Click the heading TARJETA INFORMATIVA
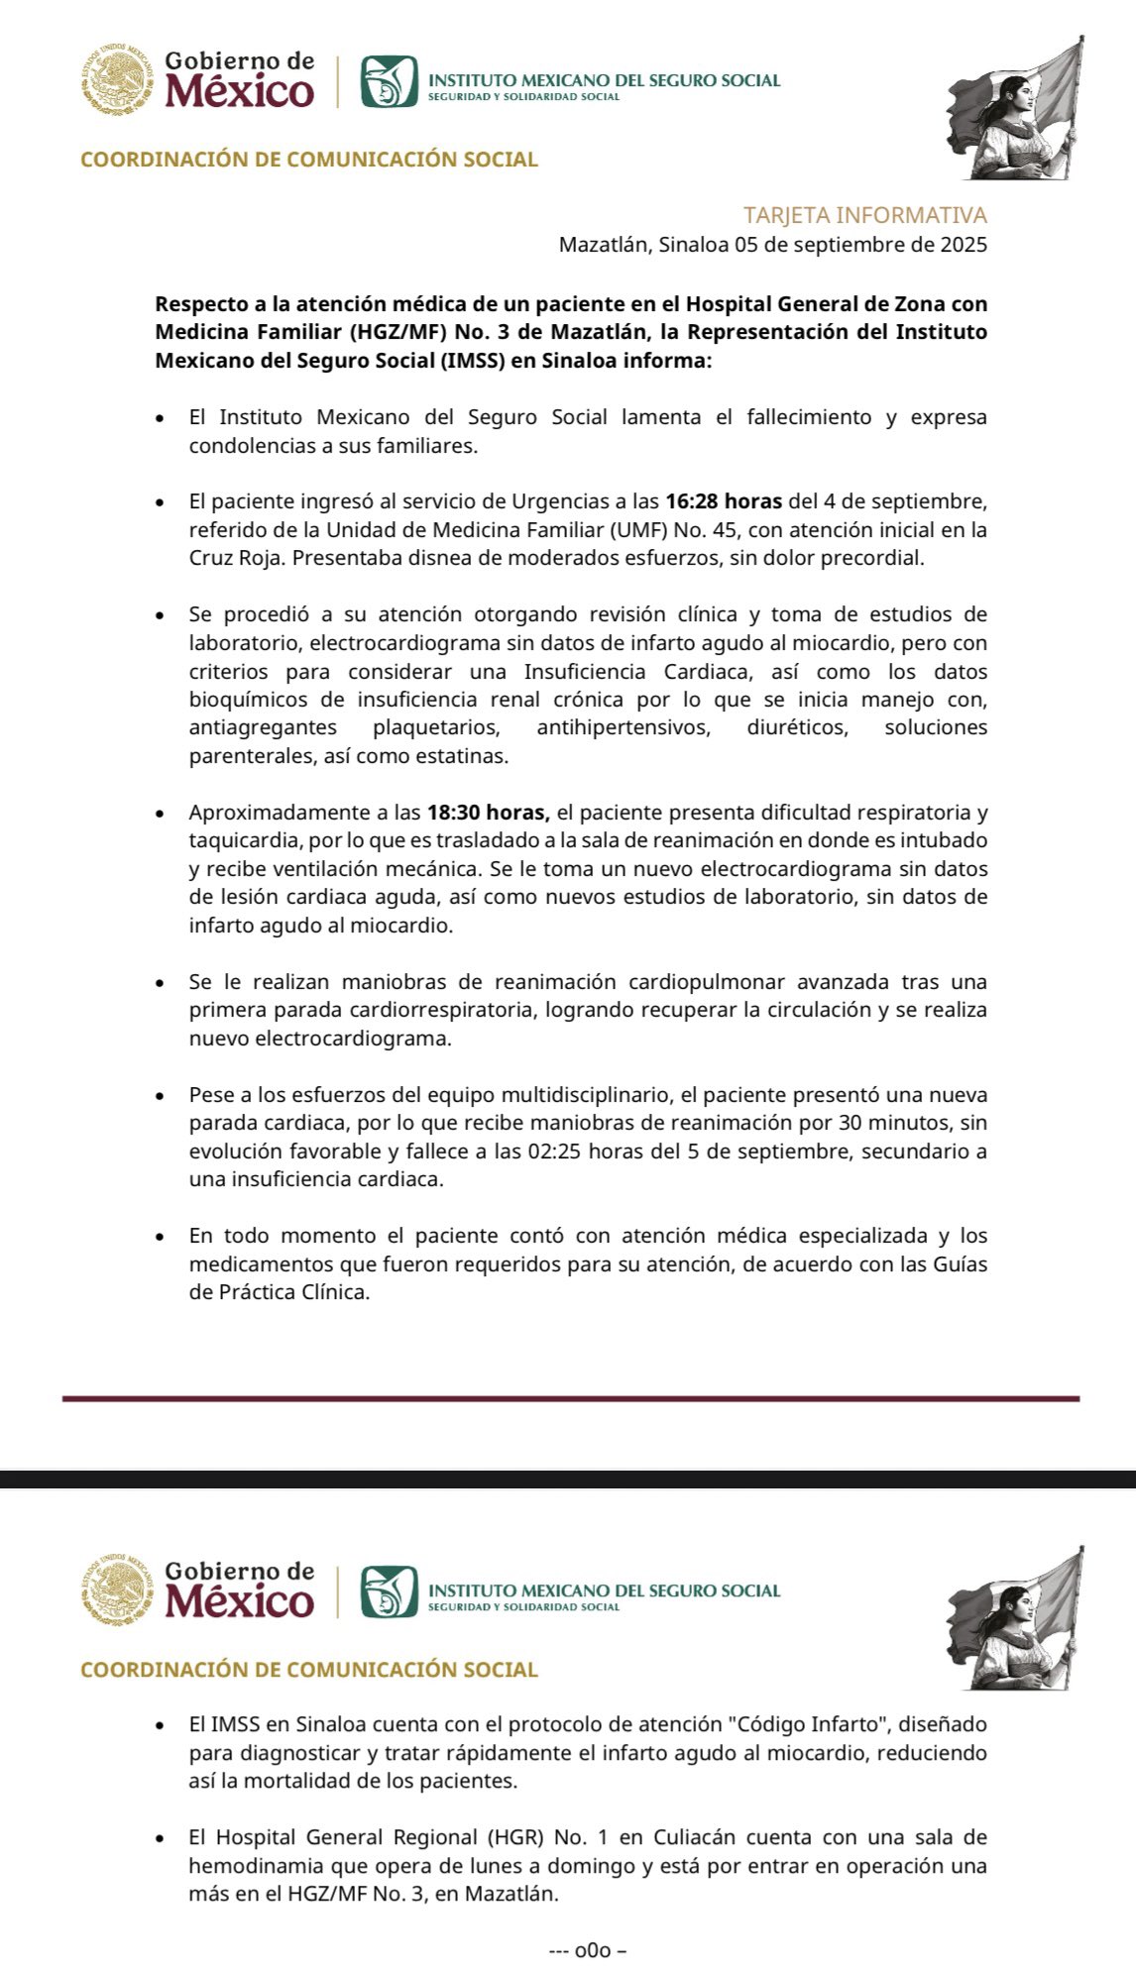[864, 215]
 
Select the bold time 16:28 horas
[723, 501]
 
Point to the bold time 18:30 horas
[488, 813]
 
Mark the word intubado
[942, 840]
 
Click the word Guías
[958, 1264]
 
